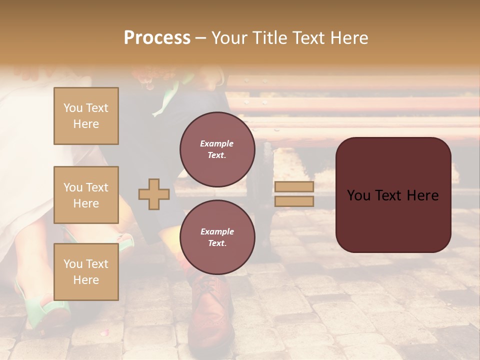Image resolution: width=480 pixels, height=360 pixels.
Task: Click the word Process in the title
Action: [x=157, y=38]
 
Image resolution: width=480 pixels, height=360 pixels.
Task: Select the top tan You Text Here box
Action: [x=86, y=116]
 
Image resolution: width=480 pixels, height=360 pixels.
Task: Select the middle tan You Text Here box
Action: [x=86, y=195]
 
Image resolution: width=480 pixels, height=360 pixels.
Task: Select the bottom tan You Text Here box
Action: [x=86, y=271]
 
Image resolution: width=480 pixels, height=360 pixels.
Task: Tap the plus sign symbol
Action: [x=153, y=194]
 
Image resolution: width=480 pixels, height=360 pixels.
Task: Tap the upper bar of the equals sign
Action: [x=294, y=187]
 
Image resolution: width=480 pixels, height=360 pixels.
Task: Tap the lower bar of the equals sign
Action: [x=294, y=201]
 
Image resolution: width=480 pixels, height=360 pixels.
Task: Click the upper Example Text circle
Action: [x=216, y=149]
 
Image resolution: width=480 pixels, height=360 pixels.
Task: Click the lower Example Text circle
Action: [x=216, y=237]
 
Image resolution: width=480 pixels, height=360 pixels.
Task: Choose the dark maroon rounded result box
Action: [x=393, y=195]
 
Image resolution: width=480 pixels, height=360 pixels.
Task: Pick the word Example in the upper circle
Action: [x=216, y=143]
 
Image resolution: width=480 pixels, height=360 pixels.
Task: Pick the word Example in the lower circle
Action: [x=216, y=231]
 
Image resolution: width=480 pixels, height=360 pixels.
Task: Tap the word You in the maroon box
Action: [x=358, y=195]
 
